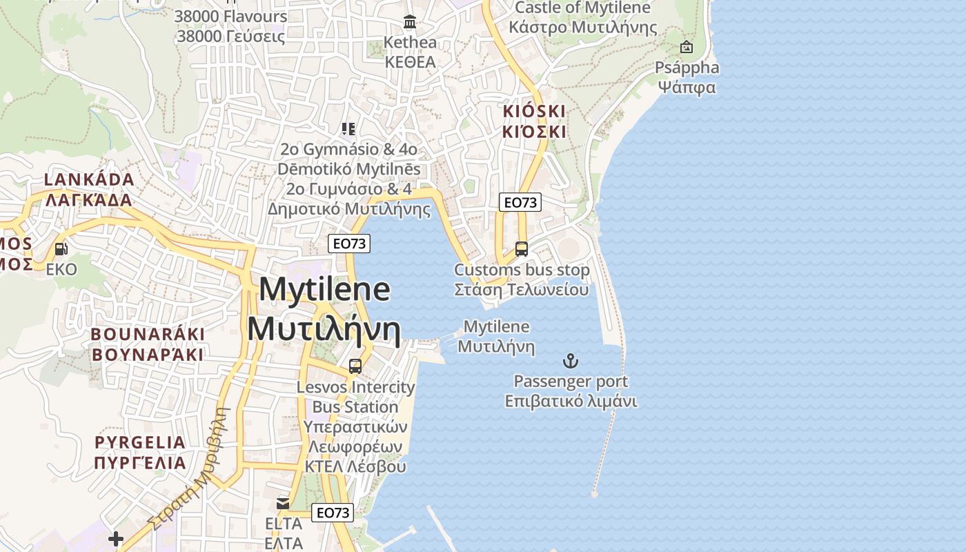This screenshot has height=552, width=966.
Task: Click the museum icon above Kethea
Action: (411, 22)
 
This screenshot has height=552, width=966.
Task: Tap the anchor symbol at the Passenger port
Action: (571, 361)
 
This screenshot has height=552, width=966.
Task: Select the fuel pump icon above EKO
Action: (61, 249)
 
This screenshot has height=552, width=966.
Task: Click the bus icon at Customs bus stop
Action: (522, 249)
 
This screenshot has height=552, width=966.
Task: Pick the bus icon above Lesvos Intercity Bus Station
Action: (355, 366)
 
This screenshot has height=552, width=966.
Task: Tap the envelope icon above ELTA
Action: (283, 504)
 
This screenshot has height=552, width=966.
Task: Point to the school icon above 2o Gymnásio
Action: (348, 128)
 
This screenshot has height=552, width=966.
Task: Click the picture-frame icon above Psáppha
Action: (687, 47)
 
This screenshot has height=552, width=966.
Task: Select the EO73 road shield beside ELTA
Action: (333, 513)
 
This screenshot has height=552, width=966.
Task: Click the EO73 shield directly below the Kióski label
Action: (520, 202)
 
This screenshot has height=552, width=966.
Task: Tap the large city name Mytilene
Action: (324, 289)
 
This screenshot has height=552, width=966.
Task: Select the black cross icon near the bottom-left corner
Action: (116, 538)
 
